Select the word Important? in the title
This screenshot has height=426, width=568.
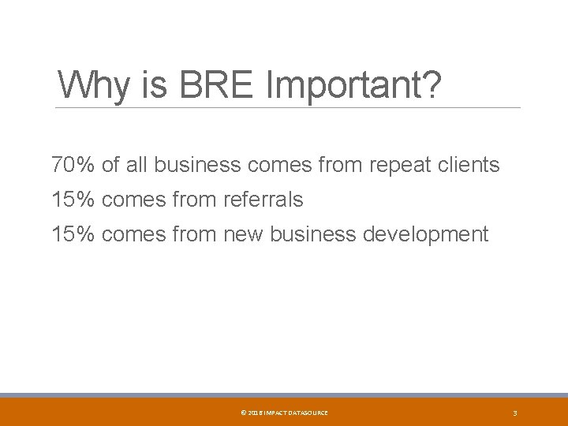(x=353, y=85)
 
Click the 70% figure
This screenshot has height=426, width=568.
(x=73, y=165)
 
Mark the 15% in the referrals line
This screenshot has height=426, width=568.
(x=73, y=200)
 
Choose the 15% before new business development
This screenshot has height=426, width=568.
(x=73, y=234)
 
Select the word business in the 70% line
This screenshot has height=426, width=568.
(x=197, y=165)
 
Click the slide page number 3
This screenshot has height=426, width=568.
(x=514, y=413)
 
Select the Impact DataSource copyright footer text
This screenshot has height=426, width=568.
(x=283, y=413)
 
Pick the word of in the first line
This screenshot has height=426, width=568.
(x=110, y=165)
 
